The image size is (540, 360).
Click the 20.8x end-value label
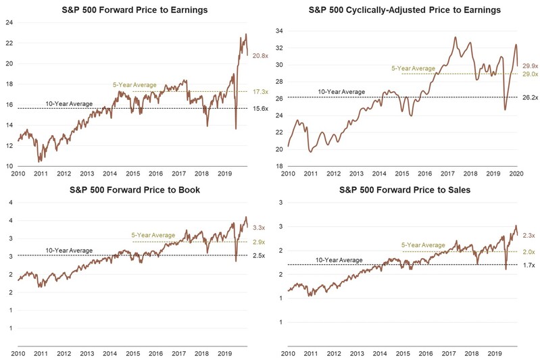[x=260, y=56]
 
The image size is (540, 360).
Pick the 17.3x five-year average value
[x=260, y=91]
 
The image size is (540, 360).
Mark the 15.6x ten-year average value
[x=260, y=108]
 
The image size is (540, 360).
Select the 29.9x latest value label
[x=531, y=66]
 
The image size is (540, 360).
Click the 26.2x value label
[x=531, y=97]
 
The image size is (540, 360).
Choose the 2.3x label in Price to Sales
[x=531, y=235]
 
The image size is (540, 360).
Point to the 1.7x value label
[x=531, y=265]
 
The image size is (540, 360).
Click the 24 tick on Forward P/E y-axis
[x=10, y=22]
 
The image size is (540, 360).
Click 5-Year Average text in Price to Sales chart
[x=422, y=245]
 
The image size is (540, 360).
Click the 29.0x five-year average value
[x=531, y=74]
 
